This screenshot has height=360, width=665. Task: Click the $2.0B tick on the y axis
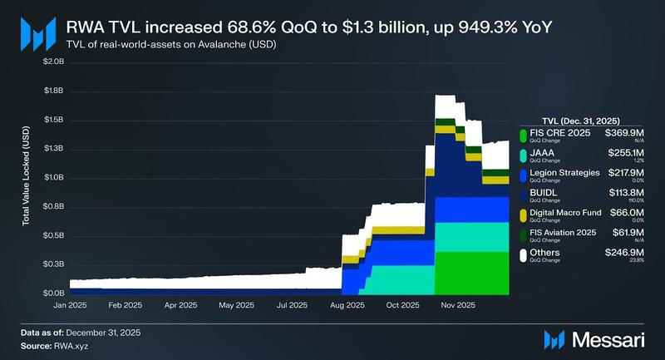tap(53, 62)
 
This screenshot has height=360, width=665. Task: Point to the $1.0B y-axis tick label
tap(53, 178)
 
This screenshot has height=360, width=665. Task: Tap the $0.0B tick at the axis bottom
tap(53, 293)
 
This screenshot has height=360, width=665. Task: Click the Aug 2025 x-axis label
tap(347, 305)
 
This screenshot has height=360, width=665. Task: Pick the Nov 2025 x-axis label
tap(458, 305)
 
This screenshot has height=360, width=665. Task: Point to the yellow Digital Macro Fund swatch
tap(523, 215)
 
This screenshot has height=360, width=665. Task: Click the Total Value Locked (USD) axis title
tap(26, 178)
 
